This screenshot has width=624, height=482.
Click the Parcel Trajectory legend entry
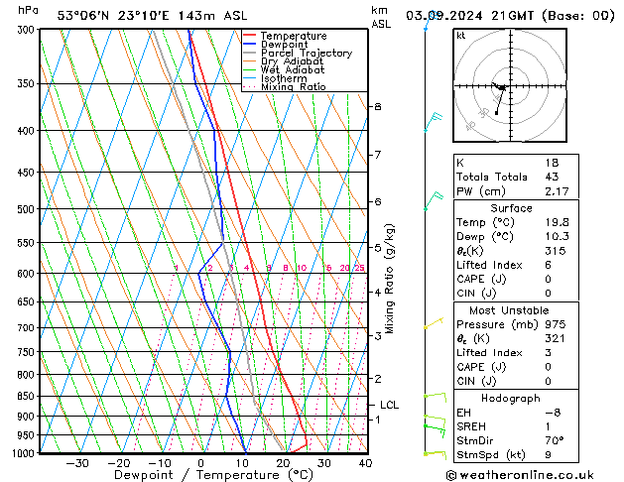(306, 54)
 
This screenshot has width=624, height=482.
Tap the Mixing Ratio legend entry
(299, 87)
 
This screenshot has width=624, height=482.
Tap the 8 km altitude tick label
(377, 106)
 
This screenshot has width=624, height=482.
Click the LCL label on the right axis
(389, 405)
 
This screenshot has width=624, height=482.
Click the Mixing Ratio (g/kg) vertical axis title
(390, 278)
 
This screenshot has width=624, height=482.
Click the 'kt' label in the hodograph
(461, 35)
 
